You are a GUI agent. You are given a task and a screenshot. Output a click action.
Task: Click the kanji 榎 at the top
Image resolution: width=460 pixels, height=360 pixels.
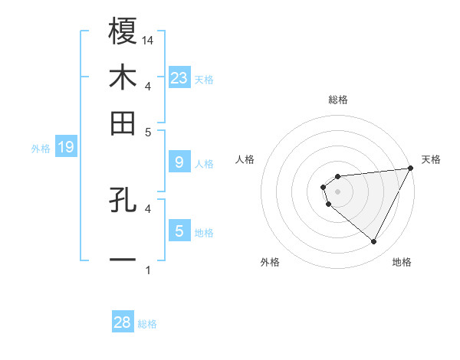point(123,31)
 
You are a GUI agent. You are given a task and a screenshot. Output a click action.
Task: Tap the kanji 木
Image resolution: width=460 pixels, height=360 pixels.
point(123,78)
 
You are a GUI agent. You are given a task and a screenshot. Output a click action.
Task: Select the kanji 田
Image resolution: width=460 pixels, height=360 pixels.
point(123,123)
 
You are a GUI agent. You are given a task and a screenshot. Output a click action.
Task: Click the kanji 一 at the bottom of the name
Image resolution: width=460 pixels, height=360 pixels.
point(123,259)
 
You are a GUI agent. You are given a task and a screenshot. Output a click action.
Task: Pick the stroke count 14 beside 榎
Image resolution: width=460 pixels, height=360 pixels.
point(149,40)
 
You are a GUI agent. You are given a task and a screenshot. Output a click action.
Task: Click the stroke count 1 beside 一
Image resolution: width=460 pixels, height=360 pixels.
point(148,270)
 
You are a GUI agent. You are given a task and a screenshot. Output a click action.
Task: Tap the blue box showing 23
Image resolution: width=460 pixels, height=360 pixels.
point(179,77)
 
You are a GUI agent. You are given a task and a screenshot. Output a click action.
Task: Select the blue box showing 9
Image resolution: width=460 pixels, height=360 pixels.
point(179,162)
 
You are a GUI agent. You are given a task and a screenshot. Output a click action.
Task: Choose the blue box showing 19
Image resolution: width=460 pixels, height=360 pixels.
point(66,148)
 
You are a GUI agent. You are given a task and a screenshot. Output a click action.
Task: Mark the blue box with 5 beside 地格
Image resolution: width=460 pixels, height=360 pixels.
point(179,231)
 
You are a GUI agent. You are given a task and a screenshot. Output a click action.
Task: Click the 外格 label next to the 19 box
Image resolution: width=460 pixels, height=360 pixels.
point(41,149)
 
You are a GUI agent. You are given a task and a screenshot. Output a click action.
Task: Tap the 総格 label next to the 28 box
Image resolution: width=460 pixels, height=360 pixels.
point(147,324)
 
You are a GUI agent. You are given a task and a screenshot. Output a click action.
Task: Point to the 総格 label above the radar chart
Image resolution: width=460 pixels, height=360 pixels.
point(337,100)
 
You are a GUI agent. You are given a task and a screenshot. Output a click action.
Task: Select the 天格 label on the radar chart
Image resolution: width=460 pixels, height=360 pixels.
point(431,159)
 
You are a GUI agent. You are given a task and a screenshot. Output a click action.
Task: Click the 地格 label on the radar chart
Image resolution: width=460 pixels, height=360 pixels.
point(402,262)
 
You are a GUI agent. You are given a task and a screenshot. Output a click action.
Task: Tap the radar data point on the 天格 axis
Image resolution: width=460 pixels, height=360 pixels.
point(412,169)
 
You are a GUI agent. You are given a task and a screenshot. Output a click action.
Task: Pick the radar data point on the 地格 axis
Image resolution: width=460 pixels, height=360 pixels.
point(374,242)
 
